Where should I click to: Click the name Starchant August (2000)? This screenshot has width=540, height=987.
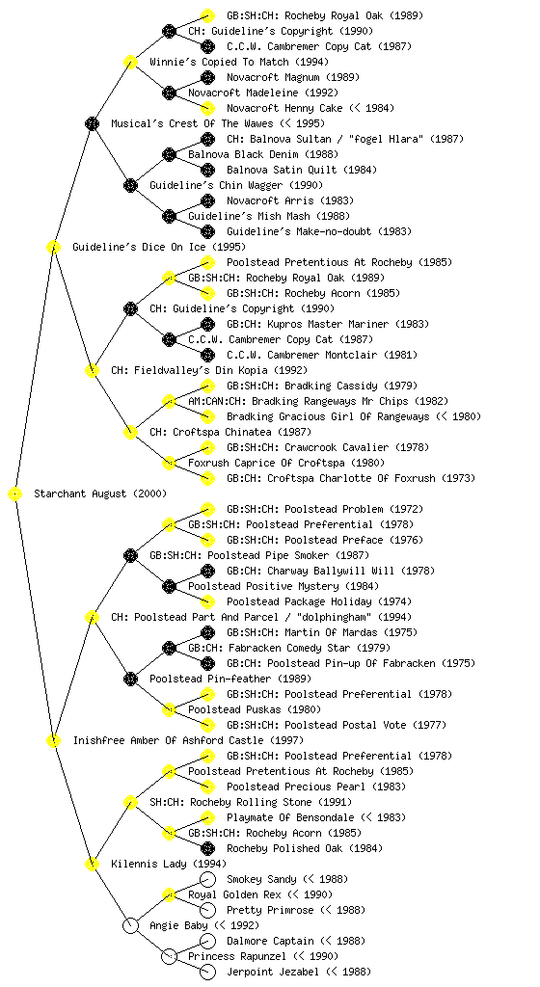tap(100, 494)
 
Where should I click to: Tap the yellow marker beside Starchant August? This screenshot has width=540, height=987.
tap(15, 494)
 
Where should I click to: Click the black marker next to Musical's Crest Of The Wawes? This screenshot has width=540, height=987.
tap(92, 123)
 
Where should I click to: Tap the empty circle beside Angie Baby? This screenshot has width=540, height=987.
tap(130, 925)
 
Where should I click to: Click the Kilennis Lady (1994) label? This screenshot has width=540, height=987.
tap(169, 865)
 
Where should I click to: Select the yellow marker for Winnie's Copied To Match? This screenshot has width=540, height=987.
tap(130, 62)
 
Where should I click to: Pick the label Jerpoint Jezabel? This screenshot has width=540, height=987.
tap(273, 972)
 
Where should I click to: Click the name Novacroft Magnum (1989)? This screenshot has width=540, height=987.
tap(292, 77)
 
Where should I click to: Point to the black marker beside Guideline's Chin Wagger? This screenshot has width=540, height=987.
tap(130, 185)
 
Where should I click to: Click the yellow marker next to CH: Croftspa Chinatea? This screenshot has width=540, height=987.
tap(130, 432)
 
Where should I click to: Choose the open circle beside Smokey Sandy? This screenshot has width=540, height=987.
tap(207, 879)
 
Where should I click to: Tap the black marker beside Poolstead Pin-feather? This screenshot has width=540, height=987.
tap(130, 679)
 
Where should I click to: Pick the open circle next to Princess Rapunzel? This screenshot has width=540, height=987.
tap(169, 956)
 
